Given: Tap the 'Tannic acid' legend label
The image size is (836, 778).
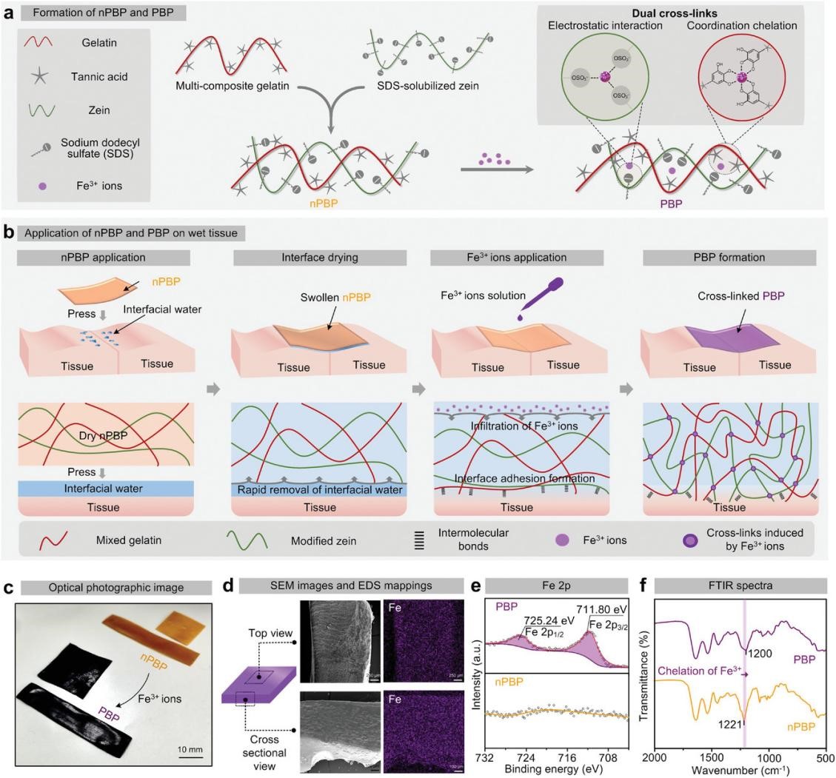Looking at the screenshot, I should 100,76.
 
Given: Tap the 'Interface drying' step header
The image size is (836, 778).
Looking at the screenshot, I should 320,258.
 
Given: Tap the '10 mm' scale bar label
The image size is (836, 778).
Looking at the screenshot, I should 190,749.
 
